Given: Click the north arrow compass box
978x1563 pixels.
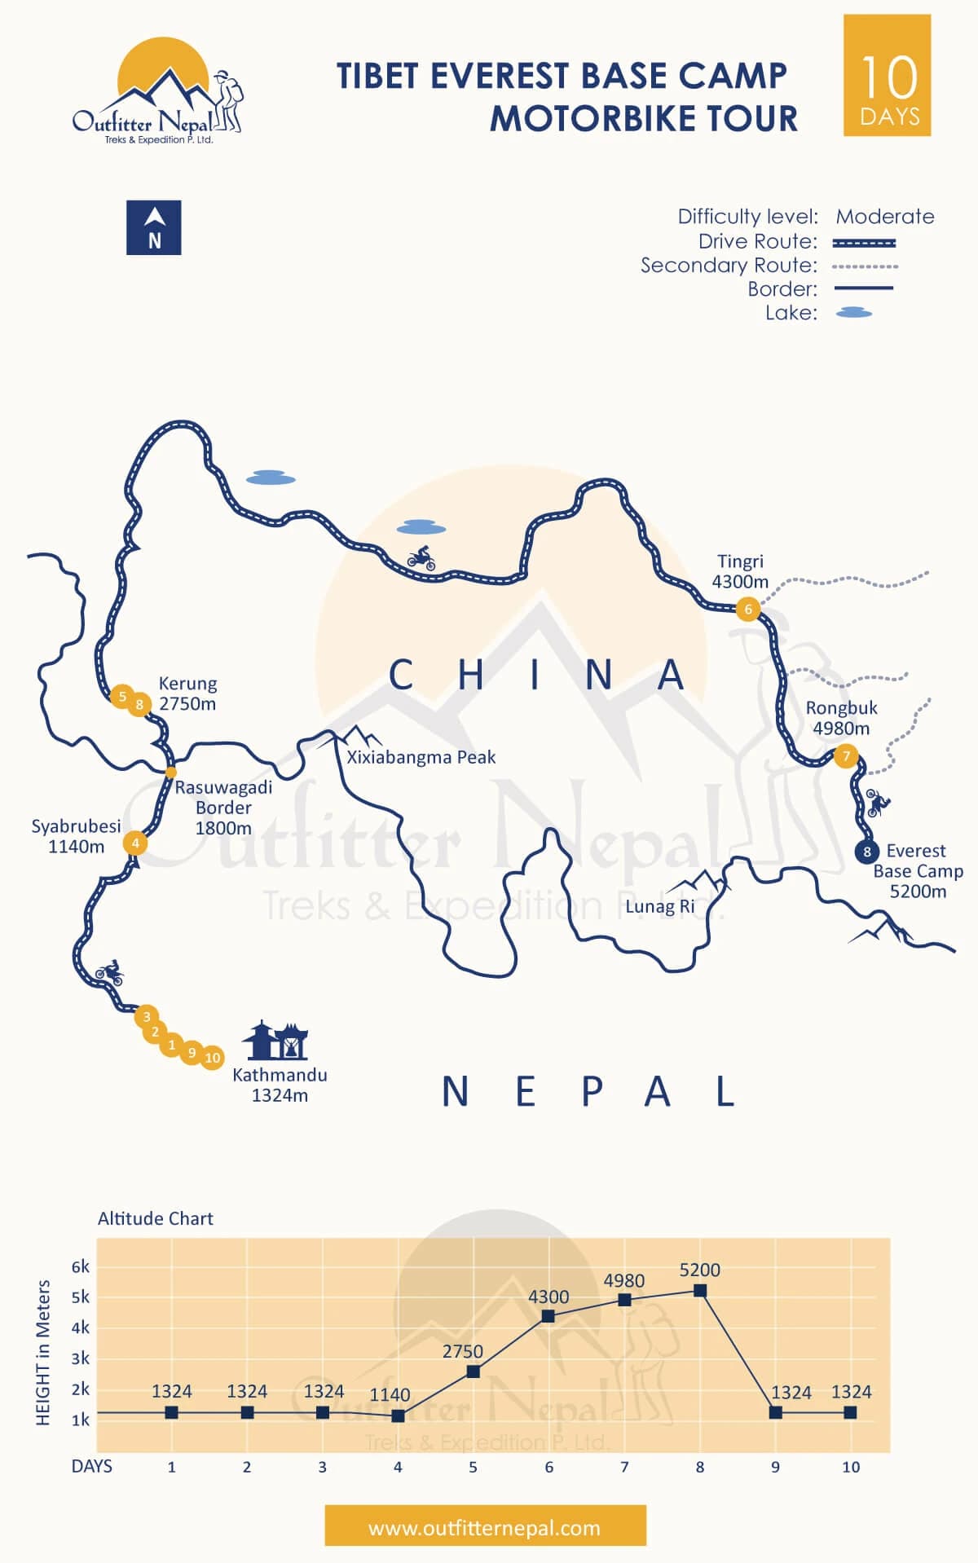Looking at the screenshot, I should [x=153, y=227].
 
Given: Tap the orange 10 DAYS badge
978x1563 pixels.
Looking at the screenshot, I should [x=887, y=75].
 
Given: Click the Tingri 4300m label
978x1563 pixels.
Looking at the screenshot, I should [x=740, y=571].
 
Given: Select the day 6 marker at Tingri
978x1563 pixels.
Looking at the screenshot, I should [x=747, y=609].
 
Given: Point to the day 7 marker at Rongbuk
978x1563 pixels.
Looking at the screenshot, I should [x=846, y=756].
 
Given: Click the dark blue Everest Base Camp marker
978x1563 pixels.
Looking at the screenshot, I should [x=866, y=852].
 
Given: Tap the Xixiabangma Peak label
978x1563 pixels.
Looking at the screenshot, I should [x=421, y=757].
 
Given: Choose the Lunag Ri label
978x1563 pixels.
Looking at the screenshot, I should [x=660, y=906].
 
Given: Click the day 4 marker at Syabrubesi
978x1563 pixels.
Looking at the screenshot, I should [x=135, y=843].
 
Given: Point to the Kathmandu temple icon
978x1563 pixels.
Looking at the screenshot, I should [x=275, y=1040].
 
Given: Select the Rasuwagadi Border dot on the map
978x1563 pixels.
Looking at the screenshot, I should [x=170, y=772].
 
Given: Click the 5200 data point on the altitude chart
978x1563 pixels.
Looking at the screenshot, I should [x=699, y=1290].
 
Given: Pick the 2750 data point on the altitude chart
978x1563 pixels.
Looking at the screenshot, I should [x=473, y=1371].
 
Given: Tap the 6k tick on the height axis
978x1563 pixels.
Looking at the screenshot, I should [x=81, y=1266].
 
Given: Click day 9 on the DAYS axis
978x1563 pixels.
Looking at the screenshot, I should [x=775, y=1467].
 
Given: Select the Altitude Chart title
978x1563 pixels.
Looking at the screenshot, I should [x=155, y=1218].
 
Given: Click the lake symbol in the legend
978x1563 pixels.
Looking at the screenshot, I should [x=853, y=313].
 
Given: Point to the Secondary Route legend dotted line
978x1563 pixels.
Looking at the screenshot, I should [x=865, y=266].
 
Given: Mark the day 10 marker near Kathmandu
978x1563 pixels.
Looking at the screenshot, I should [x=212, y=1058].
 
